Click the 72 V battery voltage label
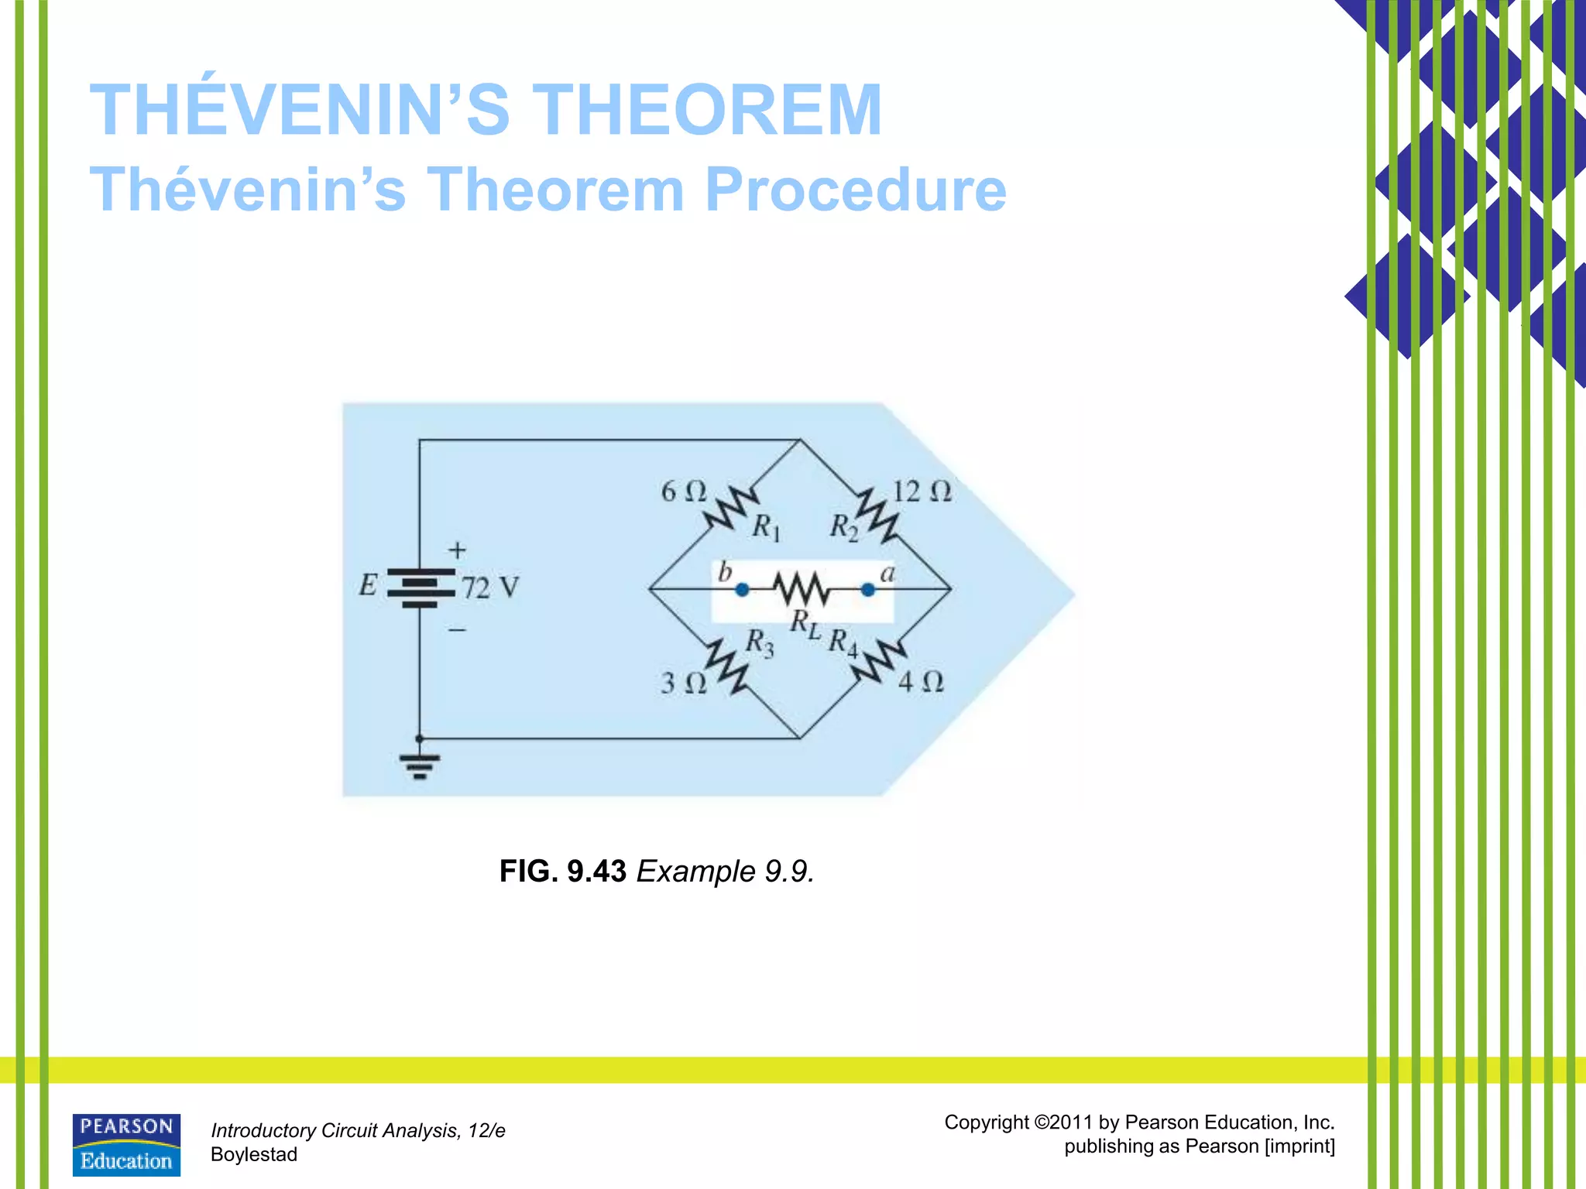490,588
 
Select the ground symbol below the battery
420,766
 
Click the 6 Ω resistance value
683,492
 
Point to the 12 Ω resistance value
922,492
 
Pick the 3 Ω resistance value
683,683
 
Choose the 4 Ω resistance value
921,682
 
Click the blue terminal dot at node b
742,590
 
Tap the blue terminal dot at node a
868,590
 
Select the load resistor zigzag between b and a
803,590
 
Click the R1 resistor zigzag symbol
730,509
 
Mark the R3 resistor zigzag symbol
726,666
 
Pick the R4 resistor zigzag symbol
880,663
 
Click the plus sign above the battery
457,550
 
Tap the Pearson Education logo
126,1144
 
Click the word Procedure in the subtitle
855,190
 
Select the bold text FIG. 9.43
562,872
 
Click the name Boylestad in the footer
254,1154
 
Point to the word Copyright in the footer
987,1122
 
